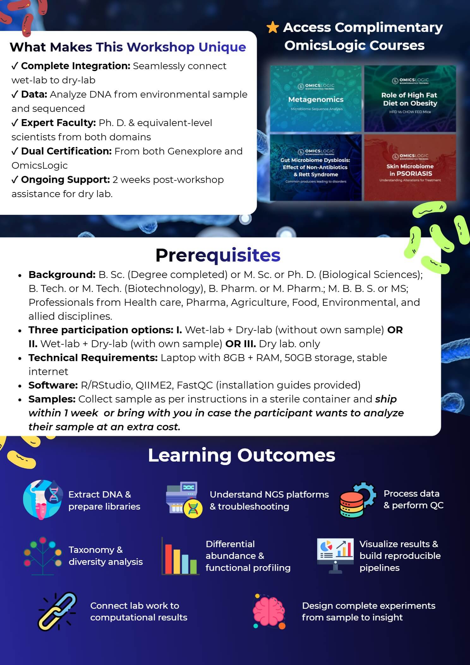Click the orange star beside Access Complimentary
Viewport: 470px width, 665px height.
pyautogui.click(x=273, y=27)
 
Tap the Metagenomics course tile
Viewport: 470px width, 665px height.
pyautogui.click(x=316, y=99)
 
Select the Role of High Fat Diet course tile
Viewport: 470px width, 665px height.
pyautogui.click(x=410, y=99)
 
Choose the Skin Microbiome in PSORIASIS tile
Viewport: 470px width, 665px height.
pyautogui.click(x=410, y=168)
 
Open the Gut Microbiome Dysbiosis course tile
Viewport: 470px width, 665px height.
pyautogui.click(x=316, y=168)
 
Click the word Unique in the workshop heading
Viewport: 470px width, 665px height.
pyautogui.click(x=222, y=47)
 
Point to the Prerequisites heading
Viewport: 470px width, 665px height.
pyautogui.click(x=218, y=255)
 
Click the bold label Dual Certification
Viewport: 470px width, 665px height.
pyautogui.click(x=66, y=151)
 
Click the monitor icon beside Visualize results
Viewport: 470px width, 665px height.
pyautogui.click(x=335, y=556)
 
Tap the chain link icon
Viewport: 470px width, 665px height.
pyautogui.click(x=57, y=612)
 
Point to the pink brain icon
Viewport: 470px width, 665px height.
pyautogui.click(x=269, y=612)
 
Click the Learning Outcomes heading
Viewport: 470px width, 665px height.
pyautogui.click(x=242, y=455)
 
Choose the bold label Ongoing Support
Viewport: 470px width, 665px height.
pyautogui.click(x=65, y=180)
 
